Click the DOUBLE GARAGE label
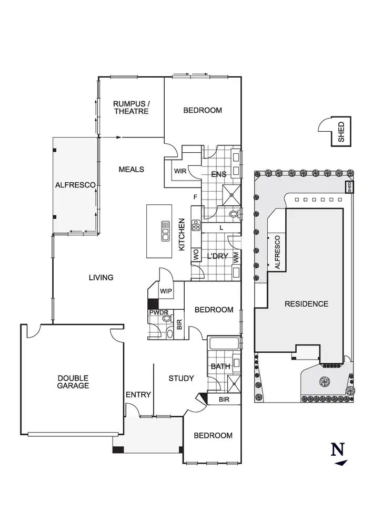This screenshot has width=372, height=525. click(73, 382)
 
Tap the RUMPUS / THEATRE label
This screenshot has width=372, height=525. click(131, 108)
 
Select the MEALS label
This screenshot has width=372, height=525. click(131, 169)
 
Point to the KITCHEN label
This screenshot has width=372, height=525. click(181, 234)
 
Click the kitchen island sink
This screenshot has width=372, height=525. click(165, 230)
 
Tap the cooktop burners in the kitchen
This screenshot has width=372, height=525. click(196, 226)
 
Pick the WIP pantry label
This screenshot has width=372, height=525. click(166, 291)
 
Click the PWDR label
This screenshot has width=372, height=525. click(158, 312)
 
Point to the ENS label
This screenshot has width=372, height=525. click(218, 174)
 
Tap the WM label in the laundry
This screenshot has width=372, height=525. click(236, 257)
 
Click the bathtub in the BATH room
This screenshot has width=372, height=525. click(224, 345)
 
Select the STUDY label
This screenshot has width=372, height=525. click(181, 378)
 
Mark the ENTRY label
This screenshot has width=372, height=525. click(138, 395)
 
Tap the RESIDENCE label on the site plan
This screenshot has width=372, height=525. click(306, 304)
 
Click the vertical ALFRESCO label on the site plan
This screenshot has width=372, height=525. click(277, 253)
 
